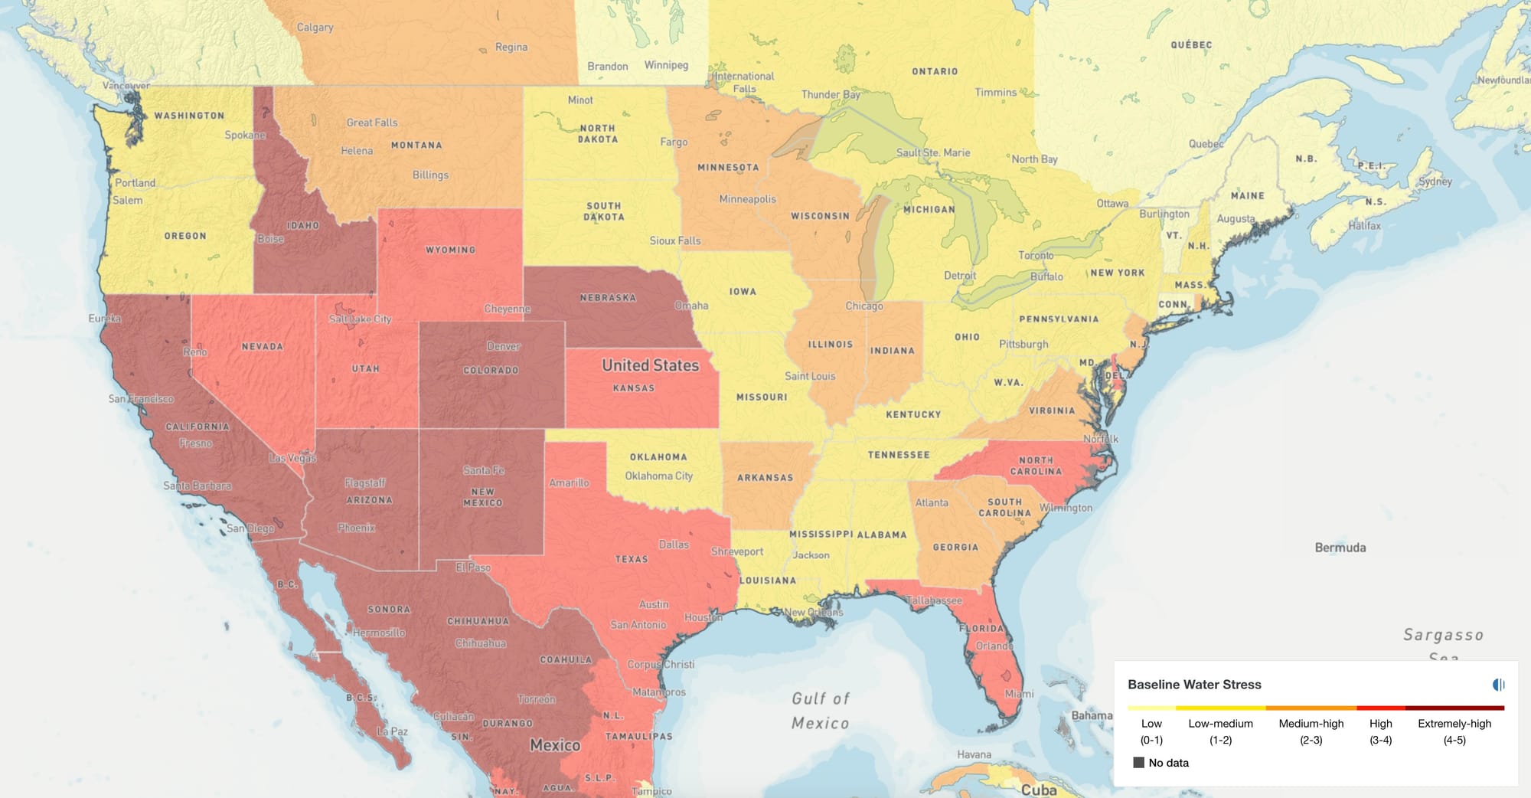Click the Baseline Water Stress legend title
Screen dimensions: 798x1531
pyautogui.click(x=1193, y=685)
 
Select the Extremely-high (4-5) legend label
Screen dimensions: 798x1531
pyautogui.click(x=1454, y=731)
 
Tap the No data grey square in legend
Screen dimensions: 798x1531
pyautogui.click(x=1138, y=763)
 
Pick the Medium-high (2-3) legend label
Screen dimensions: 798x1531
pyautogui.click(x=1311, y=731)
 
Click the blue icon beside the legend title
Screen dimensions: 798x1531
pyautogui.click(x=1498, y=685)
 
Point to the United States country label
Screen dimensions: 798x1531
pyautogui.click(x=650, y=365)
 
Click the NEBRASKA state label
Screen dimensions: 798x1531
pyautogui.click(x=608, y=298)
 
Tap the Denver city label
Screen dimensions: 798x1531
pyautogui.click(x=503, y=346)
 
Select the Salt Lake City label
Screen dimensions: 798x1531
pyautogui.click(x=360, y=319)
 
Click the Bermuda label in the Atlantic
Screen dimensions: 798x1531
pyautogui.click(x=1340, y=548)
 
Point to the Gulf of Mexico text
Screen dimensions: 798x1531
pyautogui.click(x=820, y=711)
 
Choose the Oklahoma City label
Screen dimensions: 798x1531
pyautogui.click(x=658, y=476)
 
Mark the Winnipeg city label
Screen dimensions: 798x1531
pyautogui.click(x=666, y=65)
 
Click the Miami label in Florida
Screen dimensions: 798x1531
pyautogui.click(x=1018, y=694)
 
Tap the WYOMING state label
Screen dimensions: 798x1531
pyautogui.click(x=450, y=250)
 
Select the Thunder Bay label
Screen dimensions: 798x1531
pyautogui.click(x=831, y=94)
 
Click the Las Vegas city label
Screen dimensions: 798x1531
pyautogui.click(x=292, y=458)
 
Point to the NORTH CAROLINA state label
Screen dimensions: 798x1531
pyautogui.click(x=1036, y=466)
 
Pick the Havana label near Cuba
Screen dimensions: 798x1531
pyautogui.click(x=974, y=754)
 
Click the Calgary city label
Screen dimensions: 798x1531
pyautogui.click(x=315, y=27)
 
